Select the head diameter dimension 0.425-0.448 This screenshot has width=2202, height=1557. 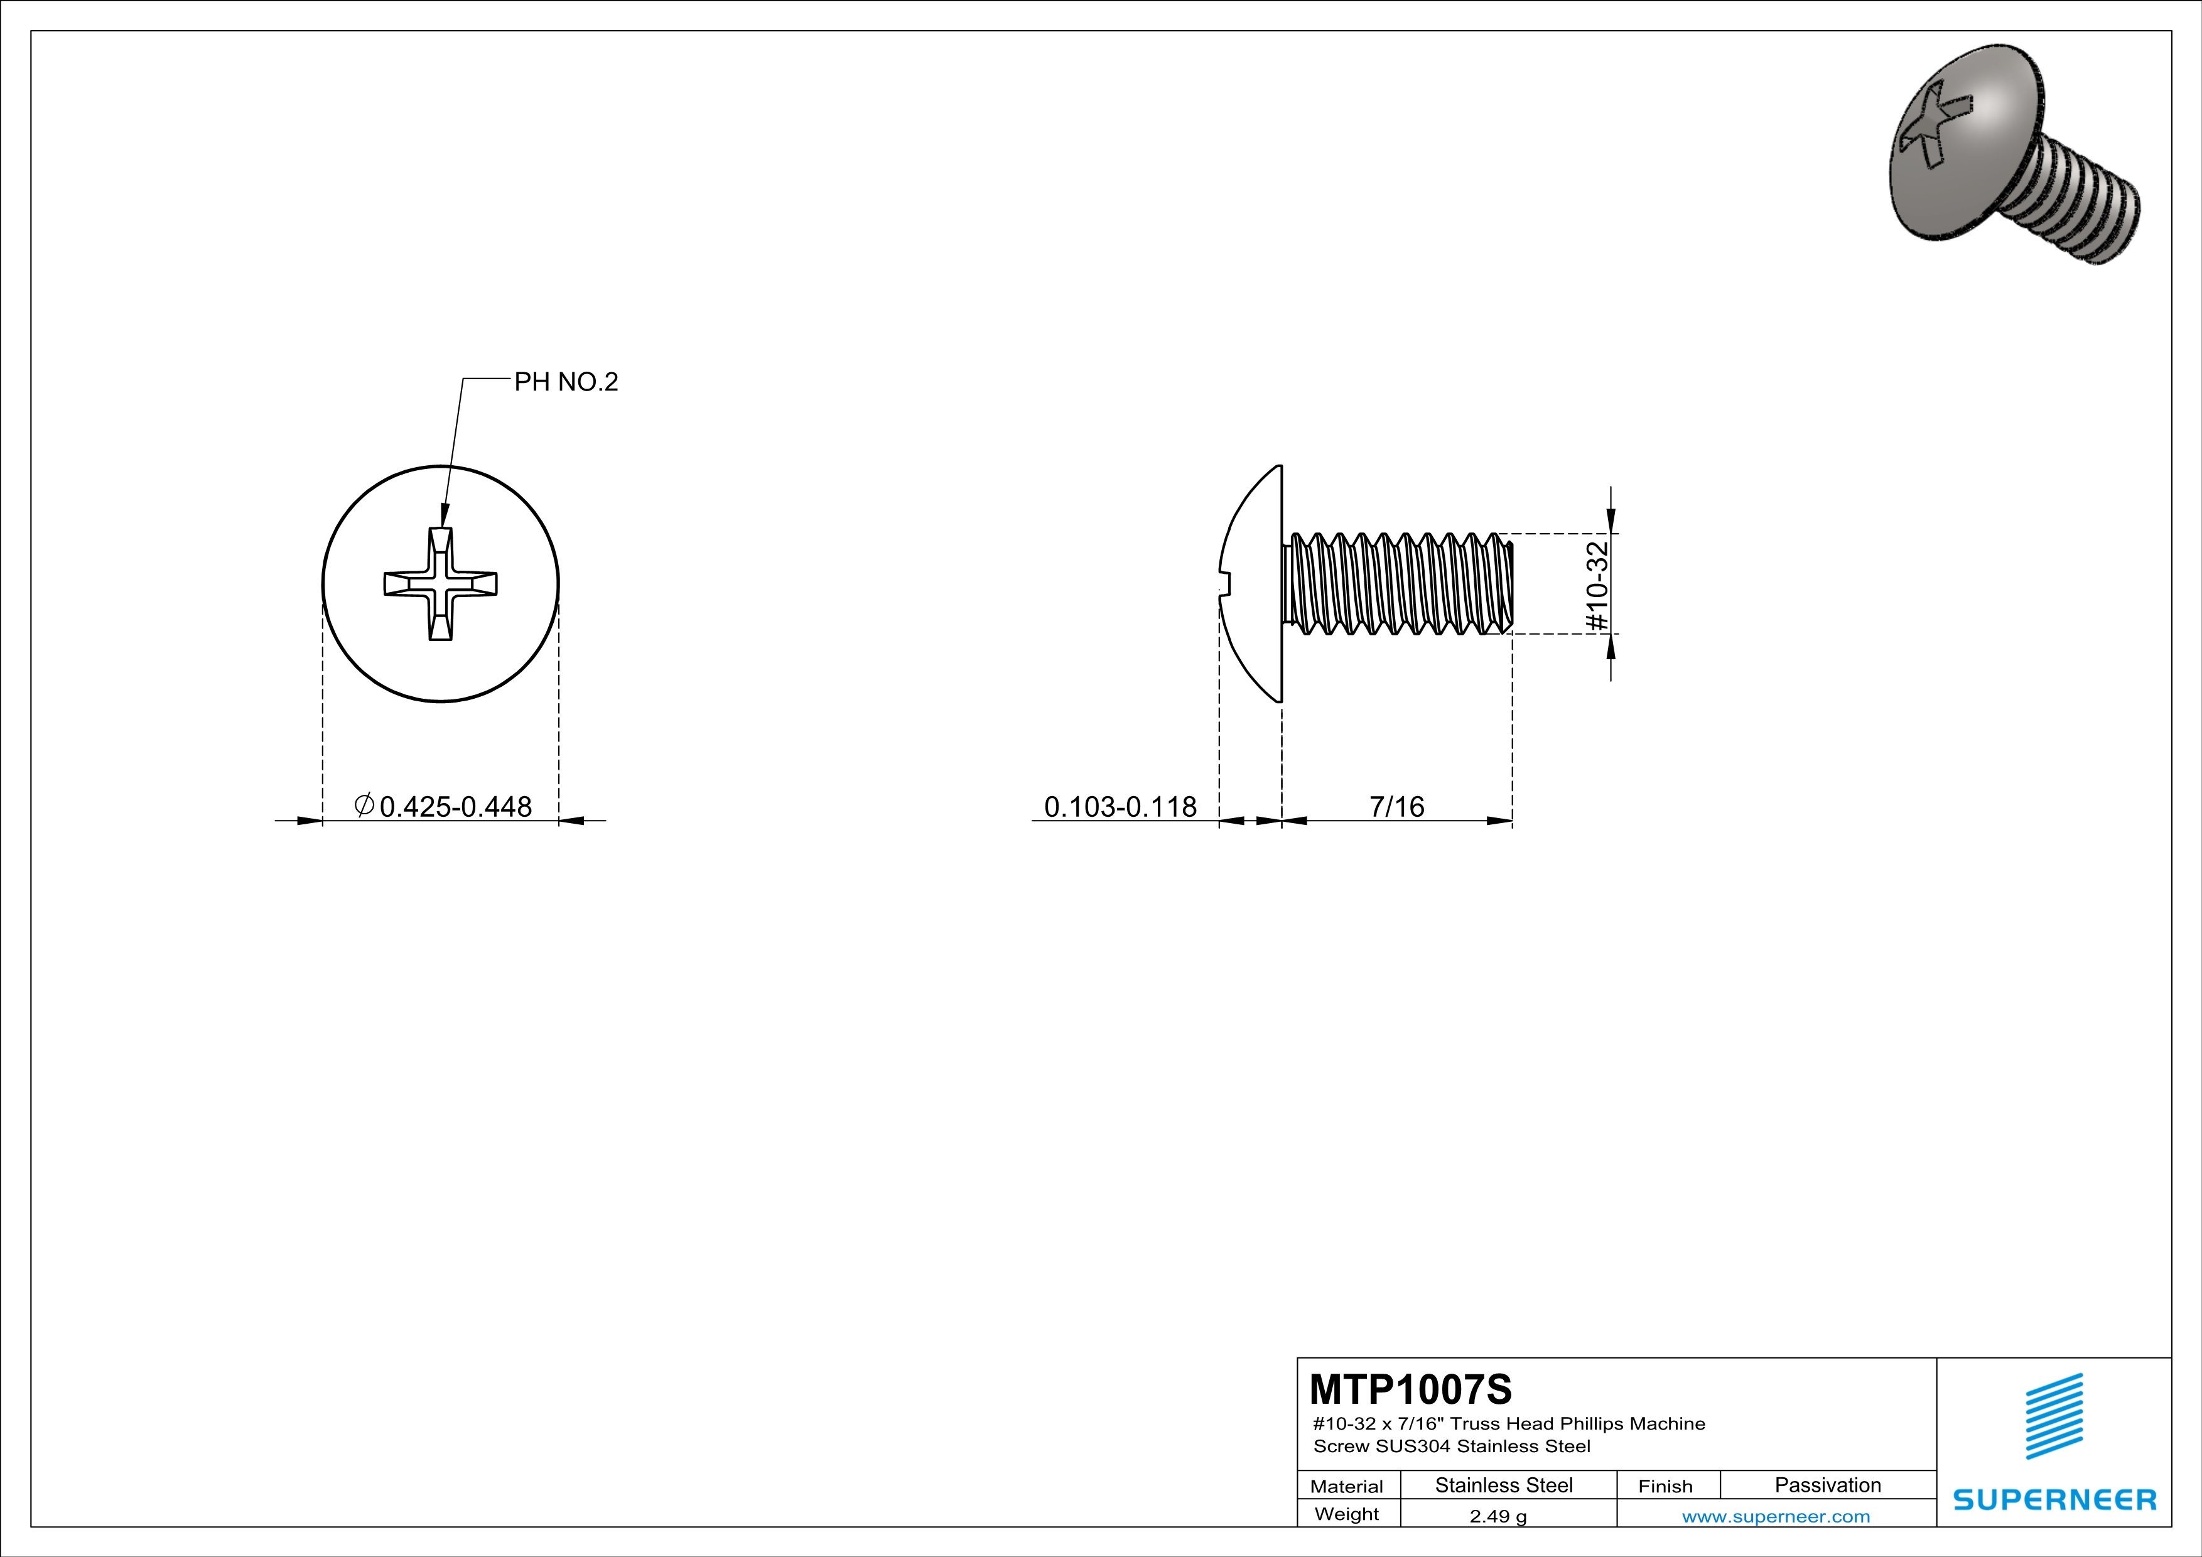[456, 806]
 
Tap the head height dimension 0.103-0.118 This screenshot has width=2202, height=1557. [1120, 806]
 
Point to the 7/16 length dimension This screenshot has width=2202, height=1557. [1396, 806]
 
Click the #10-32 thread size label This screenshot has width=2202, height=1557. [1597, 586]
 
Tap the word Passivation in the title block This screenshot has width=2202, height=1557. [1827, 1485]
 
